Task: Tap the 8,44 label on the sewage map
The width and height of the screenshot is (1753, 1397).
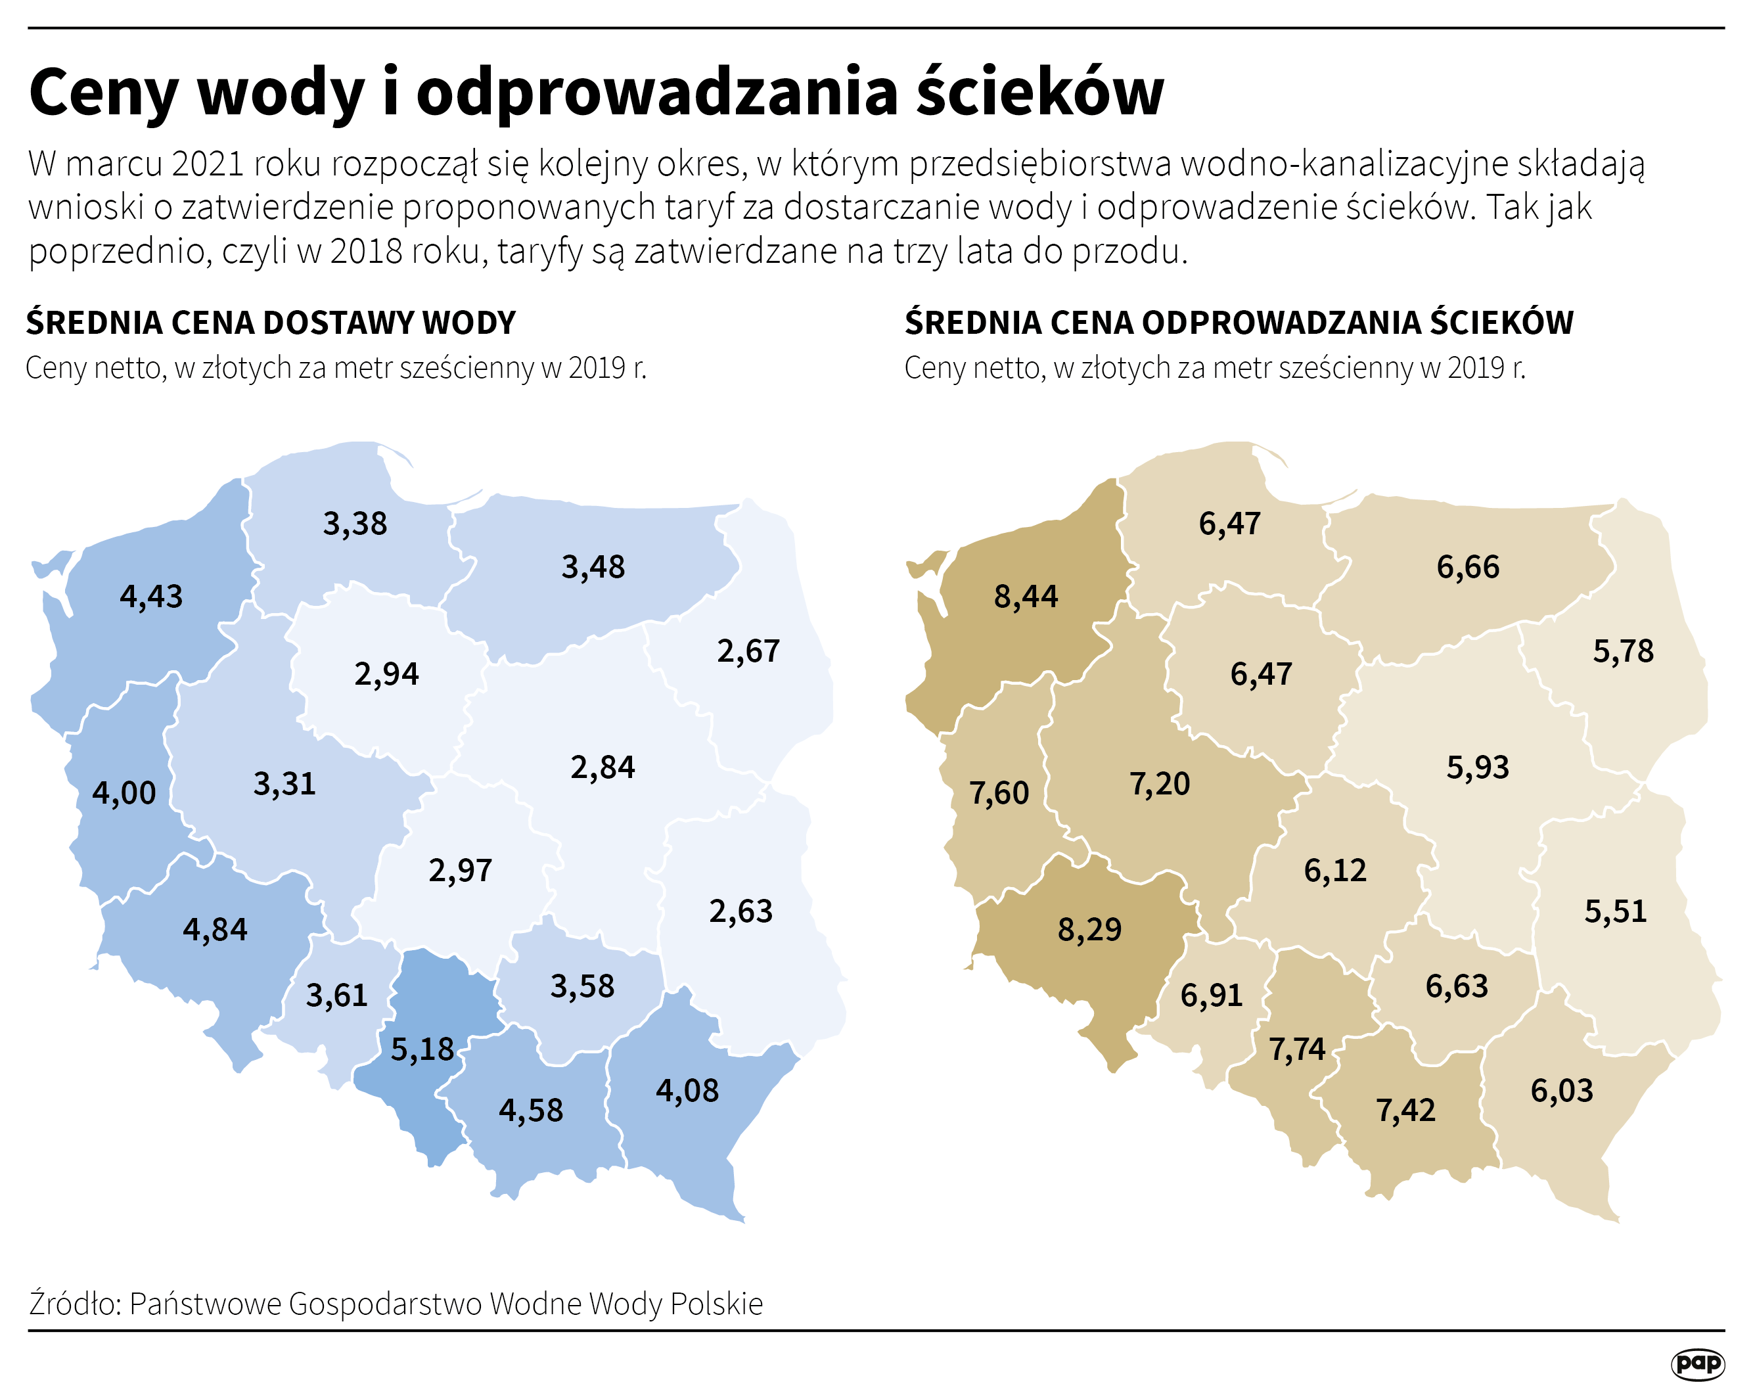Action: pyautogui.click(x=1025, y=597)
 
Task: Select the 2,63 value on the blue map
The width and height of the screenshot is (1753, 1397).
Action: pyautogui.click(x=740, y=911)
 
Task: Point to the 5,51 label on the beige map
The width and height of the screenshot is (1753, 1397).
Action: pyautogui.click(x=1616, y=911)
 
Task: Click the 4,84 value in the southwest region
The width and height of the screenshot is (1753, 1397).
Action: pyautogui.click(x=215, y=929)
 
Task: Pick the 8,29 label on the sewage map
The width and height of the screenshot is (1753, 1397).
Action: pyautogui.click(x=1089, y=929)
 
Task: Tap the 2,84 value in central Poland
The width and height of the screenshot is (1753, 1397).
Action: pyautogui.click(x=603, y=767)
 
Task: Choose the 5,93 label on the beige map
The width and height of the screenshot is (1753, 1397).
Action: pyautogui.click(x=1477, y=767)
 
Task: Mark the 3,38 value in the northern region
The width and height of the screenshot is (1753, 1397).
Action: pyautogui.click(x=355, y=524)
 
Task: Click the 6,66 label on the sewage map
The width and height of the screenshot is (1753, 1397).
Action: pyautogui.click(x=1468, y=567)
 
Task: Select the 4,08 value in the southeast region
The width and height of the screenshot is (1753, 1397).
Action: pyautogui.click(x=687, y=1090)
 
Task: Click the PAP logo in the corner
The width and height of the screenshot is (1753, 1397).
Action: pyautogui.click(x=1698, y=1363)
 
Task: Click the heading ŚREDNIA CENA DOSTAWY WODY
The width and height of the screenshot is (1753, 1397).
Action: pyautogui.click(x=271, y=323)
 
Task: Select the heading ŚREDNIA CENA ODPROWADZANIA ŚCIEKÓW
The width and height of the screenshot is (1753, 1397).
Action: pyautogui.click(x=1239, y=323)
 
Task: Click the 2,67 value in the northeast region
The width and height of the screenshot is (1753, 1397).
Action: pyautogui.click(x=748, y=651)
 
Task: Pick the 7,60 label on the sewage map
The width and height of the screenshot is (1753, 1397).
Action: pyautogui.click(x=999, y=793)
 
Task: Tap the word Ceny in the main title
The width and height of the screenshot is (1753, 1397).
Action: pyautogui.click(x=102, y=93)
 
